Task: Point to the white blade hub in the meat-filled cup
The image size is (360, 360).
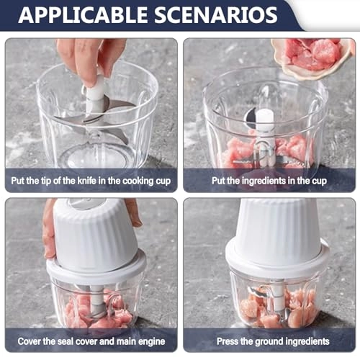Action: (x=266, y=122)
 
